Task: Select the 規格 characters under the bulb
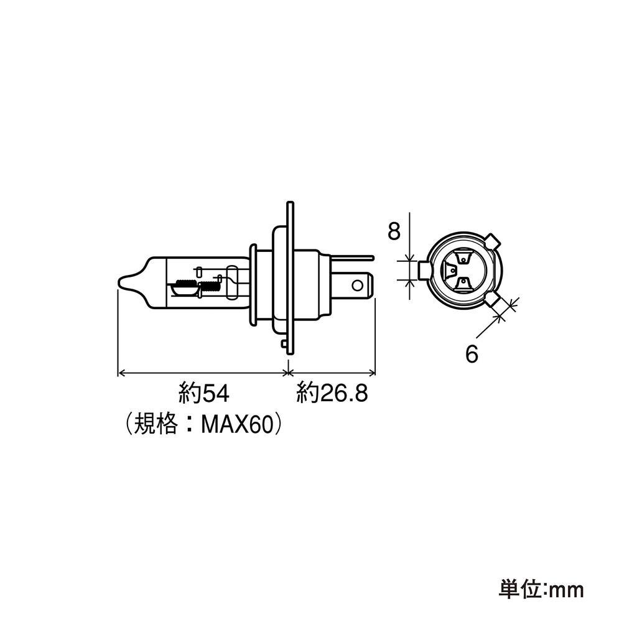(156, 425)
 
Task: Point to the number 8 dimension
(394, 231)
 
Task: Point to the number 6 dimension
(472, 354)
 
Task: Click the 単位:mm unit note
(541, 590)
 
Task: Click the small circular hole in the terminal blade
(358, 286)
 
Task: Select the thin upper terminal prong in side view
(352, 258)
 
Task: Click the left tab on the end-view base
(424, 270)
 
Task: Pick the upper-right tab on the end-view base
(493, 241)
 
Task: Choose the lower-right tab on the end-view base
(493, 300)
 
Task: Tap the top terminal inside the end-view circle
(463, 258)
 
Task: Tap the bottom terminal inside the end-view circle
(463, 284)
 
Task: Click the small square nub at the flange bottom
(284, 343)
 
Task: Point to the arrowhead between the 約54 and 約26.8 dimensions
(288, 373)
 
